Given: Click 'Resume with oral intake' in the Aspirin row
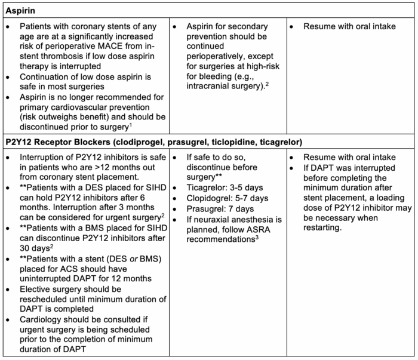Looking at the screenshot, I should pyautogui.click(x=350, y=27).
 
